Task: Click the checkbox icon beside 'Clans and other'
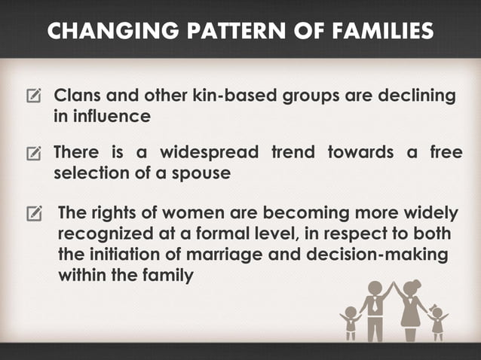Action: [34, 98]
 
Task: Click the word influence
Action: [103, 117]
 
